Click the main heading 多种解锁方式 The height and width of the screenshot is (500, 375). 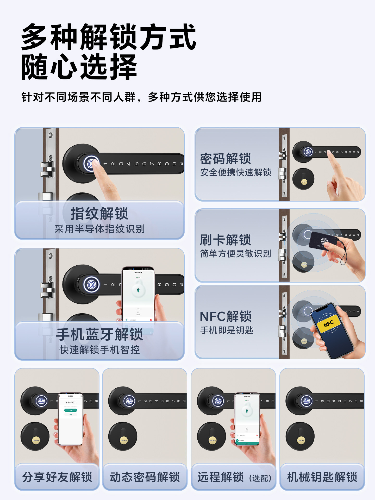click(x=109, y=37)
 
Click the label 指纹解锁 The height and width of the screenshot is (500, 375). click(x=99, y=214)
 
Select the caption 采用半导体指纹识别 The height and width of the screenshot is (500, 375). click(x=99, y=229)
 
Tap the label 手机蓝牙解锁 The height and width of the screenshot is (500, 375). click(x=99, y=334)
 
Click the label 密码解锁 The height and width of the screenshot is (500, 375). click(x=225, y=159)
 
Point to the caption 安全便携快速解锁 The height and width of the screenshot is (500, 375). click(x=235, y=172)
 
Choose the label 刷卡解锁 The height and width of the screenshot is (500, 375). click(x=225, y=240)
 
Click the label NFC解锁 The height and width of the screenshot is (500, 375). click(x=225, y=316)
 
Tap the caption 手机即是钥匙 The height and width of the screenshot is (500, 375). click(x=227, y=330)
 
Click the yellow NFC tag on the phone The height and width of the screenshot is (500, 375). click(x=329, y=324)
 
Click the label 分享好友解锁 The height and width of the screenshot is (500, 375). click(x=57, y=477)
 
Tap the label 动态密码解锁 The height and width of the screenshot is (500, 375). click(x=145, y=477)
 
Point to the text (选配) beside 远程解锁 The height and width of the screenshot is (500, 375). click(x=260, y=478)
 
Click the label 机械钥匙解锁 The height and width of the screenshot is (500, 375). click(x=322, y=477)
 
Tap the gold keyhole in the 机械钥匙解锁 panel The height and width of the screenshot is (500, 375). click(x=301, y=440)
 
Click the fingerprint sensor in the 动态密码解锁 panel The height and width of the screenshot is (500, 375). click(x=129, y=401)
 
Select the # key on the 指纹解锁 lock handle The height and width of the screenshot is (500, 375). click(x=182, y=164)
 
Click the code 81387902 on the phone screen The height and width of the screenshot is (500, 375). click(x=71, y=403)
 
